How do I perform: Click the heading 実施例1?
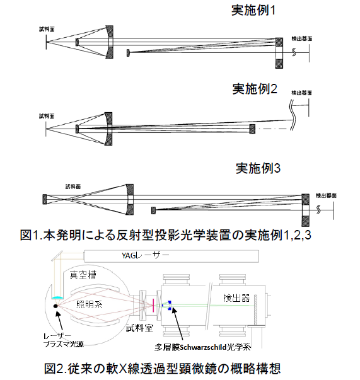[x=254, y=11]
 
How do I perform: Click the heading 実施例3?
[x=258, y=168]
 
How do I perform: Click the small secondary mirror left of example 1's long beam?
[x=128, y=52]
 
